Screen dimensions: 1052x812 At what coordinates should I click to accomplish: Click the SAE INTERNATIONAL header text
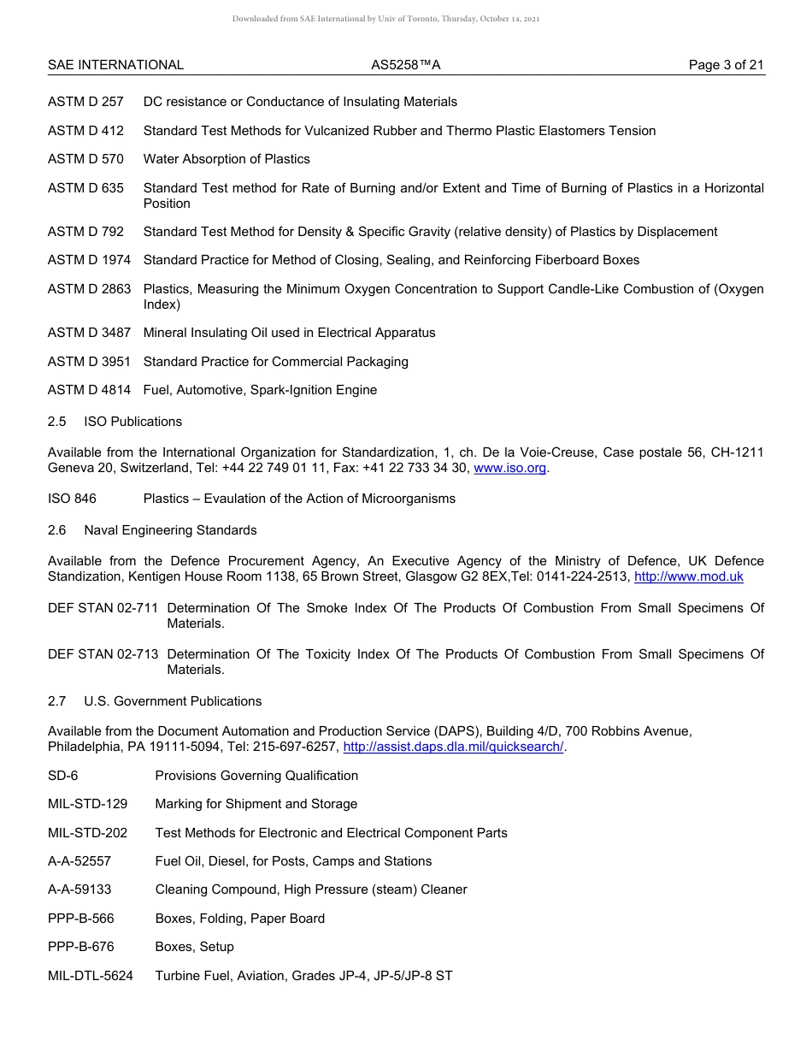pyautogui.click(x=115, y=65)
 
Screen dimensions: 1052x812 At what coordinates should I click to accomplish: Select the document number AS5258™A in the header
pyautogui.click(x=406, y=65)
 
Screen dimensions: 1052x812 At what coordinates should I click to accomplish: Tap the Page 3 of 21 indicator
pyautogui.click(x=727, y=65)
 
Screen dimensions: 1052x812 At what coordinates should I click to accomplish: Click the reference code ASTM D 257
pyautogui.click(x=85, y=102)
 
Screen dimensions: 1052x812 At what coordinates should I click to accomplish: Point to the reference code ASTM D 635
pyautogui.click(x=85, y=188)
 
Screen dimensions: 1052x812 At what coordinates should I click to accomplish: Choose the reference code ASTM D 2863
pyautogui.click(x=89, y=289)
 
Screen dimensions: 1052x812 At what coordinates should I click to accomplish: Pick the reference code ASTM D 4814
pyautogui.click(x=89, y=390)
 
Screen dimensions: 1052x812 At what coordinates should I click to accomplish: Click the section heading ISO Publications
pyautogui.click(x=132, y=422)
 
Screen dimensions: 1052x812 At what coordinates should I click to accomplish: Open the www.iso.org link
pyautogui.click(x=509, y=468)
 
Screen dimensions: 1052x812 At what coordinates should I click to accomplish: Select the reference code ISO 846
pyautogui.click(x=72, y=499)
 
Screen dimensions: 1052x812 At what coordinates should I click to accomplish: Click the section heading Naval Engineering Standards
pyautogui.click(x=170, y=530)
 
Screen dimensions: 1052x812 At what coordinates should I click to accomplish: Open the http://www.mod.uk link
pyautogui.click(x=688, y=576)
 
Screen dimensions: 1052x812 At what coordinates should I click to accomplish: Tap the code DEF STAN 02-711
pyautogui.click(x=103, y=608)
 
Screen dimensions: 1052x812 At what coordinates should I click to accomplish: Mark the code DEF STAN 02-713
pyautogui.click(x=103, y=654)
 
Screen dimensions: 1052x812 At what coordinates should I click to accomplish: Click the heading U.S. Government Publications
pyautogui.click(x=173, y=701)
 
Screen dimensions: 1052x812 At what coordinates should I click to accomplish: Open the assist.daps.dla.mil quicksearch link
pyautogui.click(x=453, y=747)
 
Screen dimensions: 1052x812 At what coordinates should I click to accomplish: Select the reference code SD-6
pyautogui.click(x=63, y=776)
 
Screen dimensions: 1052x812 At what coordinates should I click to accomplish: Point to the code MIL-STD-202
pyautogui.click(x=87, y=833)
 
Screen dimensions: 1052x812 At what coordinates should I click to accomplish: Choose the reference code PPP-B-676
pyautogui.click(x=81, y=947)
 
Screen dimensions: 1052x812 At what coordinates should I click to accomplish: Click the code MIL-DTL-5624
pyautogui.click(x=91, y=975)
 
